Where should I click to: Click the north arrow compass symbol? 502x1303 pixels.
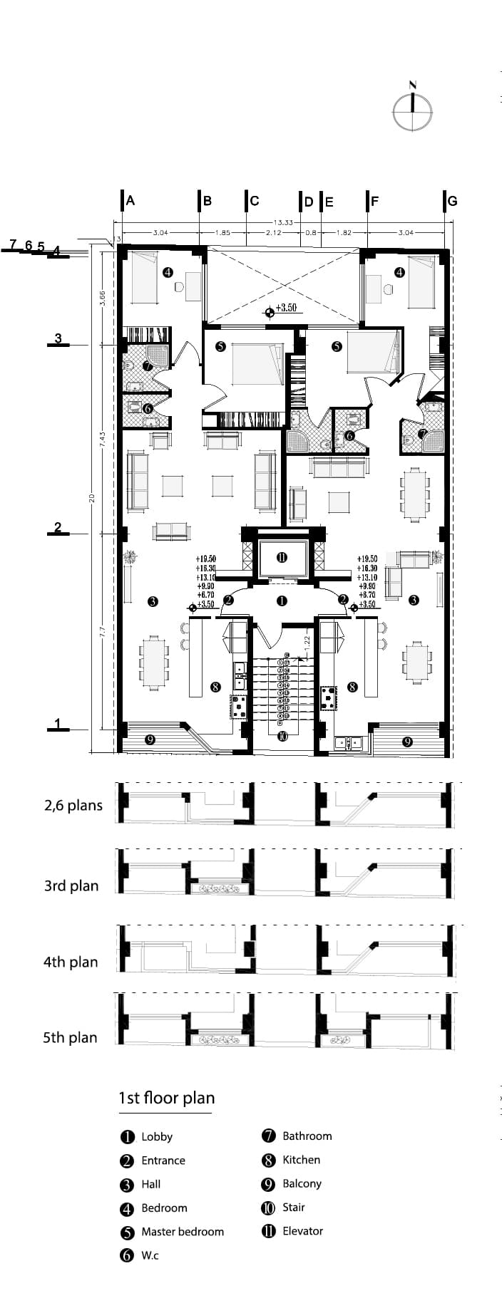click(x=412, y=111)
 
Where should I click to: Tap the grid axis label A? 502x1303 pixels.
click(x=130, y=201)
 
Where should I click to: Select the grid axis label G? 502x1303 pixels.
click(x=452, y=201)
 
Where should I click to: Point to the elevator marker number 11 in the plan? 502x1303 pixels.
click(x=282, y=557)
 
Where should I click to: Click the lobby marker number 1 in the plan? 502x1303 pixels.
click(x=282, y=601)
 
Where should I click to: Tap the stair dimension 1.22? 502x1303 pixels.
click(x=307, y=640)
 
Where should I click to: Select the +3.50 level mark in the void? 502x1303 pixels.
click(x=285, y=308)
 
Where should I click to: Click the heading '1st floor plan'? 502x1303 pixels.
click(x=166, y=1098)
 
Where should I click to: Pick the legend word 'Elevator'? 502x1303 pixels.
click(x=302, y=1231)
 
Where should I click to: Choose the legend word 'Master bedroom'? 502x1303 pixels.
click(x=182, y=1232)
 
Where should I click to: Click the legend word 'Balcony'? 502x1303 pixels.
click(x=302, y=1183)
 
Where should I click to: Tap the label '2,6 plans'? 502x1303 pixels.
click(x=73, y=806)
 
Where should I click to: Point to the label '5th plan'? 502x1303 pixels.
click(x=70, y=1037)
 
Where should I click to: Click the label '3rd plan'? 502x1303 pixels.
click(x=71, y=886)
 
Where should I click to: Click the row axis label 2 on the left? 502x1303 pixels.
click(x=58, y=528)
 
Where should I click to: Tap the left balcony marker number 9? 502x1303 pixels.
click(x=150, y=739)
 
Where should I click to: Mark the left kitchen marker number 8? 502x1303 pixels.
click(x=215, y=687)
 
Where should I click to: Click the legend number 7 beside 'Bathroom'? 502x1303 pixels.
click(x=269, y=1136)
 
